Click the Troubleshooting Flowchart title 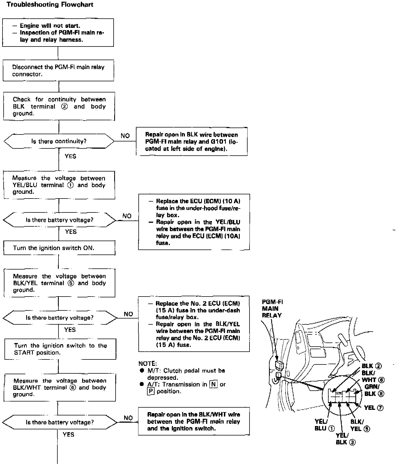(x=50, y=5)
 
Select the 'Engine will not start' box (x=58, y=33)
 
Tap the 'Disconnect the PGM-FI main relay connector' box (x=58, y=70)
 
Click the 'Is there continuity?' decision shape (x=59, y=141)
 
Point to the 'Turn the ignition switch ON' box (x=59, y=248)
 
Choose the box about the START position (x=60, y=349)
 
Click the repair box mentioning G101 (x=192, y=141)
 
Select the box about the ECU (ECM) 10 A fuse (x=194, y=222)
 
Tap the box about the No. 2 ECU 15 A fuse (x=194, y=324)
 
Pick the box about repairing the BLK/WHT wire (x=194, y=421)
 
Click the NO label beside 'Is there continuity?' (x=125, y=136)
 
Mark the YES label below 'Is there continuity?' (x=70, y=156)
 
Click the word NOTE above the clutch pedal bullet (x=148, y=364)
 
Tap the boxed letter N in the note (x=214, y=385)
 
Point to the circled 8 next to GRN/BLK (x=381, y=394)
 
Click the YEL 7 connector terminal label (x=373, y=408)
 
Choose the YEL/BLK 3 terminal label (x=345, y=439)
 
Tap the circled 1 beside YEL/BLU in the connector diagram (x=331, y=429)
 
